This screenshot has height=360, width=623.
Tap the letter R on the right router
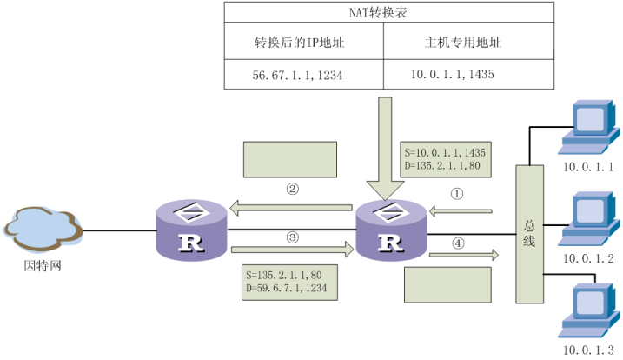(391, 243)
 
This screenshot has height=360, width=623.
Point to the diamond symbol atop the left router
(191, 211)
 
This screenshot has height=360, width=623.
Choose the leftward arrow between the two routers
(292, 208)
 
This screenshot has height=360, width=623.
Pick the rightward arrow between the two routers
(292, 250)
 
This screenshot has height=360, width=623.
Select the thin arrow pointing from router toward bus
(463, 255)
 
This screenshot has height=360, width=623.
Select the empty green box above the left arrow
(289, 159)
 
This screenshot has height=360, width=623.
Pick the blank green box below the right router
(447, 283)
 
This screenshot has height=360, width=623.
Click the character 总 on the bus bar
(529, 223)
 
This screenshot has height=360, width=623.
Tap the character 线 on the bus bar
(529, 241)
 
